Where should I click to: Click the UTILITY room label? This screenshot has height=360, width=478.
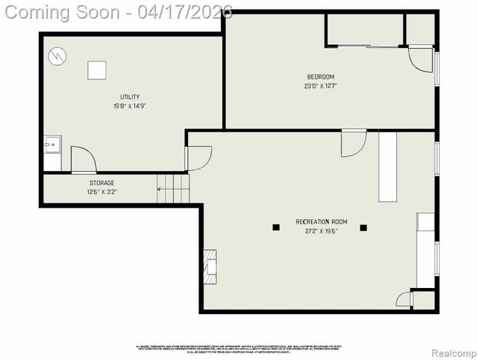click(130, 97)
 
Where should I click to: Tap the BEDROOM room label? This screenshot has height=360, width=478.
click(320, 76)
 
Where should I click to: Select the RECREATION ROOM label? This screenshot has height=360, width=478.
click(321, 221)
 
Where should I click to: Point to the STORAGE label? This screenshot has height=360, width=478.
click(102, 182)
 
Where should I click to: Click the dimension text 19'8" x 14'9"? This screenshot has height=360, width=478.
click(130, 106)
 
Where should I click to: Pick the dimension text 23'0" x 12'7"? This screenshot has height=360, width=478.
click(320, 85)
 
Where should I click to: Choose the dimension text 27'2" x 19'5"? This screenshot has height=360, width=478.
click(321, 231)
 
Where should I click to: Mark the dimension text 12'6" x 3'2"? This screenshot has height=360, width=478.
click(102, 191)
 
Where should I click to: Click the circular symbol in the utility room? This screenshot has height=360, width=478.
click(57, 56)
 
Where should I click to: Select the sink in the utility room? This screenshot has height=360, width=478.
click(52, 143)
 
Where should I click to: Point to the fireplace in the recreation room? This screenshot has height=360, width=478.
click(211, 266)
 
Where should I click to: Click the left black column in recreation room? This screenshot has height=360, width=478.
click(276, 227)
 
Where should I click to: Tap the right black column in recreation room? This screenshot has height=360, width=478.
click(363, 227)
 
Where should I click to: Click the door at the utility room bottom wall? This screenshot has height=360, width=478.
click(82, 159)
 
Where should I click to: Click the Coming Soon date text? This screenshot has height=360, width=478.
click(116, 12)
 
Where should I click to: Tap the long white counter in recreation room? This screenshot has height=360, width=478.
click(387, 166)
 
